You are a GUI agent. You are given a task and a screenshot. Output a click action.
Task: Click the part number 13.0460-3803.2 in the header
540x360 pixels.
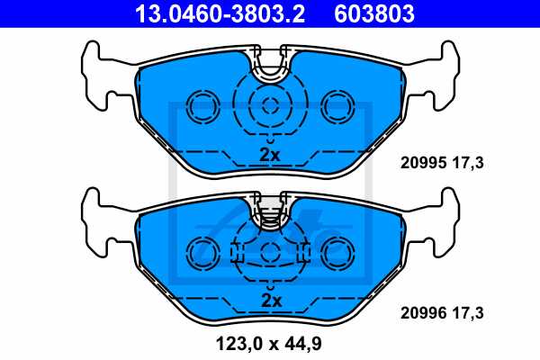(220, 13)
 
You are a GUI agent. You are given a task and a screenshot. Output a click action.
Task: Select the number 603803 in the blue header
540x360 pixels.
(374, 13)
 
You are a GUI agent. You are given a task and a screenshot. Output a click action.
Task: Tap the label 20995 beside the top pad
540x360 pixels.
(423, 163)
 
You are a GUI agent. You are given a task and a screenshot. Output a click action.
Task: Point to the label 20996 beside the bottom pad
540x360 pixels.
(423, 313)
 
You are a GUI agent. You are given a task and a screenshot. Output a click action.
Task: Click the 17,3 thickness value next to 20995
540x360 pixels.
(468, 163)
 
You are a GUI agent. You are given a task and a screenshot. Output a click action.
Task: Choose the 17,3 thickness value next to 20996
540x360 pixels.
(468, 313)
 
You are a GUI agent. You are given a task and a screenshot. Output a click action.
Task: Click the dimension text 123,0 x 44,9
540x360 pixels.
(268, 344)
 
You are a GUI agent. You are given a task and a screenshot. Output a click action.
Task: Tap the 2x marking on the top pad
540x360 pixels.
(270, 155)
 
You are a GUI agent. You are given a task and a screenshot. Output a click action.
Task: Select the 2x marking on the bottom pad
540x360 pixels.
(272, 301)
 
